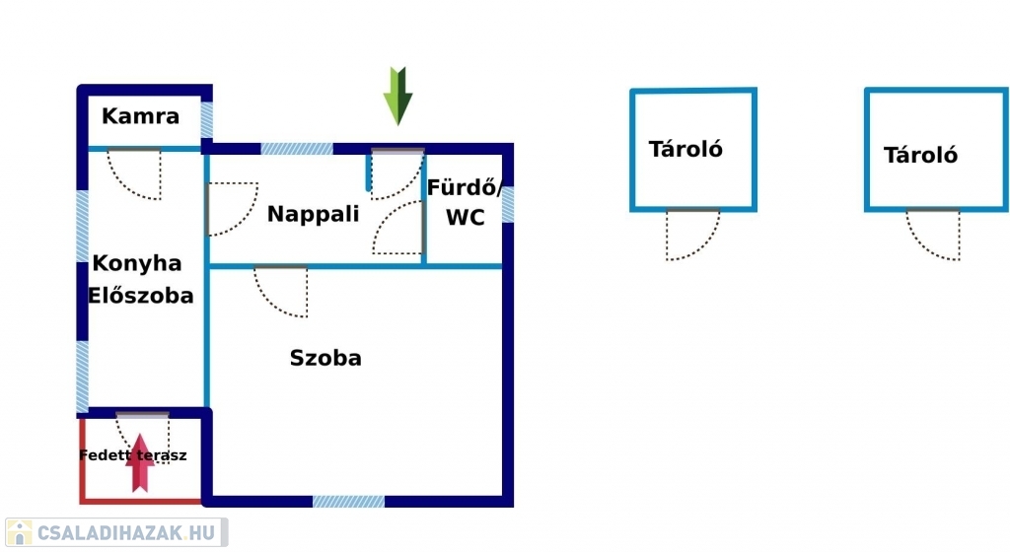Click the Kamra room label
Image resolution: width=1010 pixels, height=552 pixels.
[141, 116]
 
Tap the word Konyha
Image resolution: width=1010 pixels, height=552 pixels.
[137, 263]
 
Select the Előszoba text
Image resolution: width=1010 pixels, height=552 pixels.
[141, 295]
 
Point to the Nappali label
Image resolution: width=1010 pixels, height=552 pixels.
[314, 214]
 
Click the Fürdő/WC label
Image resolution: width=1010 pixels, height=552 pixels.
[465, 202]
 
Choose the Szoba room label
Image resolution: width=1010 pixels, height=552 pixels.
[325, 358]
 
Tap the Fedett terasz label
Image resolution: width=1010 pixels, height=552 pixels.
[133, 455]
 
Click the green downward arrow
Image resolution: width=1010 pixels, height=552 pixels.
[397, 96]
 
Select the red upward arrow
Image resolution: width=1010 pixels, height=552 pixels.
[140, 462]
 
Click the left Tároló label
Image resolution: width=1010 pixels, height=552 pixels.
[686, 149]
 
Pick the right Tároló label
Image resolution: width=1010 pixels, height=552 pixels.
[920, 155]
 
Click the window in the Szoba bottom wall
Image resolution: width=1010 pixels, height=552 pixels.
[348, 501]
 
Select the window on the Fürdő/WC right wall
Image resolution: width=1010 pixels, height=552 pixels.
[508, 204]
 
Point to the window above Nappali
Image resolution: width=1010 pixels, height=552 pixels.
[297, 149]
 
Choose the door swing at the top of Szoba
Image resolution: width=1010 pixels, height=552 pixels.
[283, 291]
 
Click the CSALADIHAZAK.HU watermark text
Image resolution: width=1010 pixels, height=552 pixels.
[124, 533]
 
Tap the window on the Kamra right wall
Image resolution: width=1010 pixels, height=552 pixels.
[207, 120]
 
